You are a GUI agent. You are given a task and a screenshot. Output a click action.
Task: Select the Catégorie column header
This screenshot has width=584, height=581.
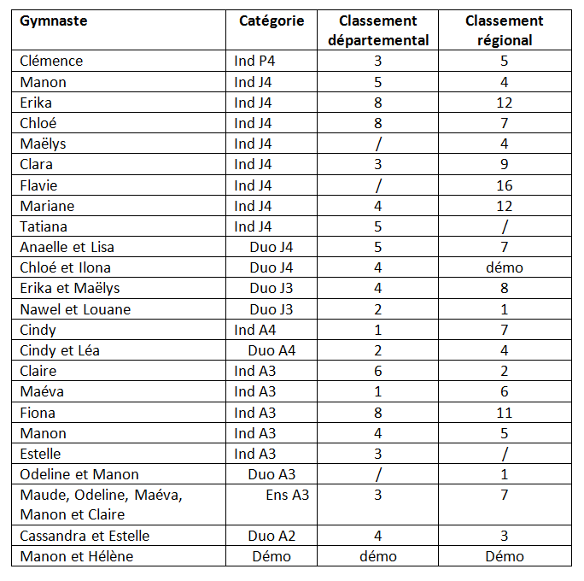click(x=271, y=21)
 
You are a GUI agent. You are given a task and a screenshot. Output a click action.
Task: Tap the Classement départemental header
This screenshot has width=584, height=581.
click(x=378, y=30)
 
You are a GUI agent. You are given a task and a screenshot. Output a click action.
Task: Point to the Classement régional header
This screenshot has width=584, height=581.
click(x=505, y=30)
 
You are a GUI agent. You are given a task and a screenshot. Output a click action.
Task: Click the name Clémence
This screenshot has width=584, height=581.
click(x=51, y=61)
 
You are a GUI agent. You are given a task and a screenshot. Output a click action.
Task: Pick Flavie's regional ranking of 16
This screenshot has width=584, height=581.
click(x=505, y=185)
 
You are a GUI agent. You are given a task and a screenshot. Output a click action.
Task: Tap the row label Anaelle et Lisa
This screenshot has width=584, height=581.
click(x=67, y=247)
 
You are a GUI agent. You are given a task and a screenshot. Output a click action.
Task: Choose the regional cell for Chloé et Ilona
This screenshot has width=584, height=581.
click(x=505, y=267)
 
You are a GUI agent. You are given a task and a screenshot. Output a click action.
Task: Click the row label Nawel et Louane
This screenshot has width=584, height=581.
click(x=75, y=309)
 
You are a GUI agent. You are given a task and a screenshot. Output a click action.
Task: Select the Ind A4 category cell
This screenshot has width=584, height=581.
click(x=256, y=330)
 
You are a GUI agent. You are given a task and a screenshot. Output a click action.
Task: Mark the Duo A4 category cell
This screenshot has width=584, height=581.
click(x=272, y=350)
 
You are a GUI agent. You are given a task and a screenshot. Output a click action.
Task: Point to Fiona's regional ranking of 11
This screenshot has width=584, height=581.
click(x=505, y=413)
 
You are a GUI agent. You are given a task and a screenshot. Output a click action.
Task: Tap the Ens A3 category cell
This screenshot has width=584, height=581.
click(x=287, y=495)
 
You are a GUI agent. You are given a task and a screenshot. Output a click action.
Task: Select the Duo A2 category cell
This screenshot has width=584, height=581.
click(x=272, y=536)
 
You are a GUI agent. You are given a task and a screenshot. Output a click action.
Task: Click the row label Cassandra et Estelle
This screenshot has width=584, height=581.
click(x=85, y=536)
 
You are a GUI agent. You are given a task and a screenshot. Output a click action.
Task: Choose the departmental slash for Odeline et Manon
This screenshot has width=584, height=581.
click(x=378, y=474)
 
